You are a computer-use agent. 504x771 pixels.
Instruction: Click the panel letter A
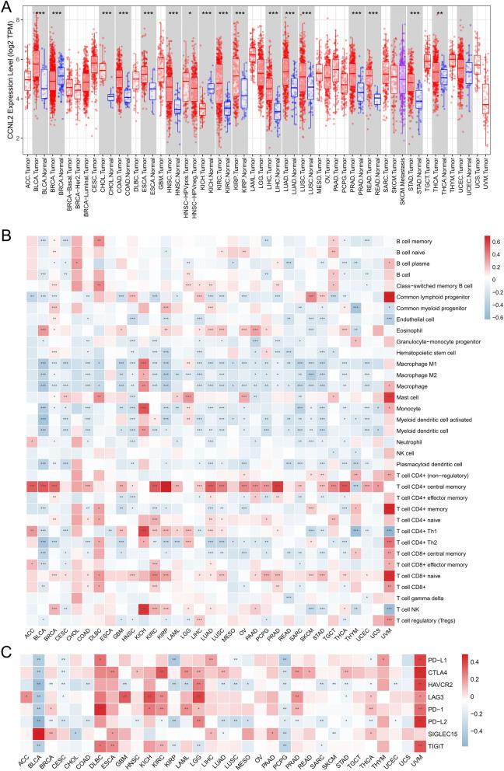click(6, 6)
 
